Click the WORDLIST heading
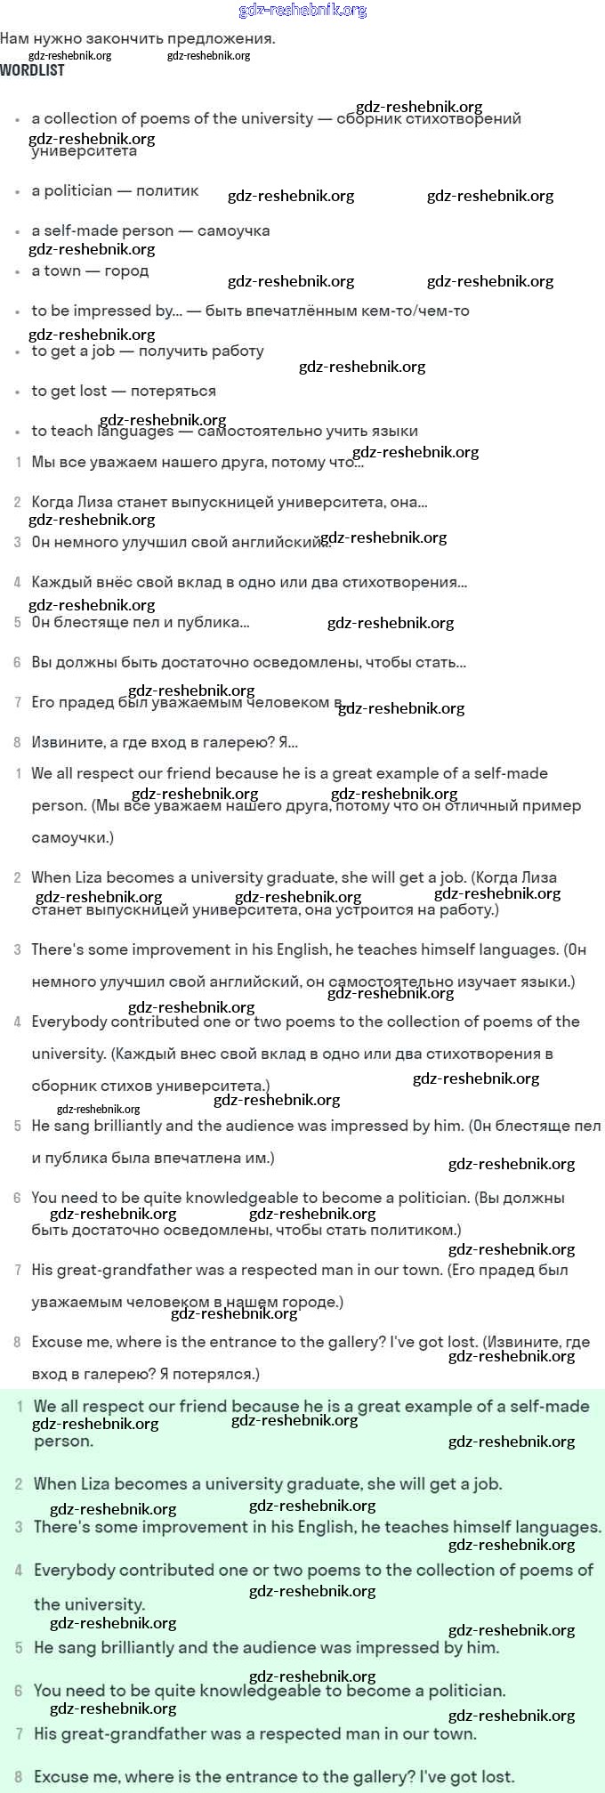[x=32, y=70]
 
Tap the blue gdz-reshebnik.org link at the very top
[x=302, y=11]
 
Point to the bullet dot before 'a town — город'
[x=17, y=271]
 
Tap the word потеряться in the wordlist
[x=173, y=391]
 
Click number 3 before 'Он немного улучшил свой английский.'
[x=17, y=542]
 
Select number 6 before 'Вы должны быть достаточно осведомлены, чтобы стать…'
[x=17, y=662]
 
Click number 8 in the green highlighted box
[x=18, y=1777]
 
